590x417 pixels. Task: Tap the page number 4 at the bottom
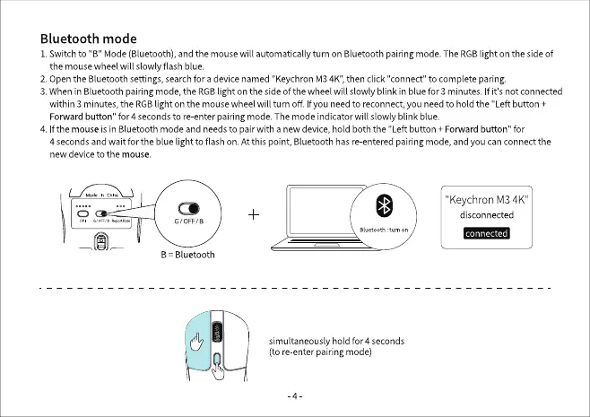(296, 395)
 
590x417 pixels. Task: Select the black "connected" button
(486, 233)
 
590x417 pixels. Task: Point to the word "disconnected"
(486, 215)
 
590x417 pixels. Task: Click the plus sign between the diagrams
(255, 214)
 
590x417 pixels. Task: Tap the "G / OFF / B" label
(188, 221)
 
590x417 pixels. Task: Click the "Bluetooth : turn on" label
(383, 230)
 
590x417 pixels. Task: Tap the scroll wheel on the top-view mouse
(215, 334)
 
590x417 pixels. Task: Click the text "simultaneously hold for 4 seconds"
(336, 341)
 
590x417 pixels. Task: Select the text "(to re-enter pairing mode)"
(320, 352)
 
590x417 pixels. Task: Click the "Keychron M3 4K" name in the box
(485, 198)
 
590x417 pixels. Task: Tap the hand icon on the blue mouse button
(196, 342)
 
